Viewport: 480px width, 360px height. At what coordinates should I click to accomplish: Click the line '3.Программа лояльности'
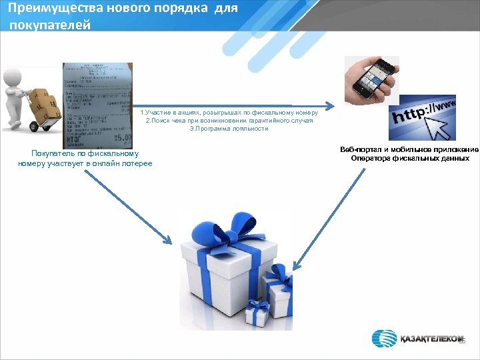click(x=229, y=129)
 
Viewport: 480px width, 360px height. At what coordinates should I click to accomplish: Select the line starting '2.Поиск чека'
click(x=229, y=121)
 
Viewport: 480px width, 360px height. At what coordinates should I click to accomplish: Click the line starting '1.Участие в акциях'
click(x=229, y=113)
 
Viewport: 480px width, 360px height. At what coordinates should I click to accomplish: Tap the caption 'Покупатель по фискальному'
click(x=85, y=155)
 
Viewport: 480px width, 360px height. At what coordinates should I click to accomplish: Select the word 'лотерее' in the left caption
click(x=136, y=163)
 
